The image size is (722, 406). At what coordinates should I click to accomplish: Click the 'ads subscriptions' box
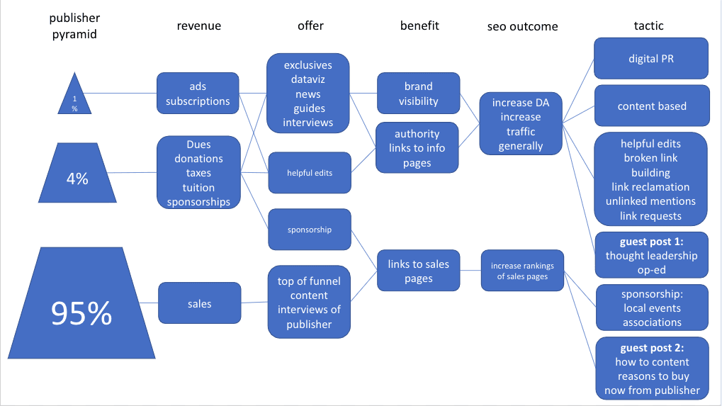(x=198, y=94)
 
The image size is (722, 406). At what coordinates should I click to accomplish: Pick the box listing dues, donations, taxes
(x=198, y=173)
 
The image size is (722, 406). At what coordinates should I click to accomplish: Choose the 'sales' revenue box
(x=199, y=303)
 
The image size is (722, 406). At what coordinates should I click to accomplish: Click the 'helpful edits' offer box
(x=309, y=172)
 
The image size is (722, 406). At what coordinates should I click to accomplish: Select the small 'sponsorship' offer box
(x=309, y=229)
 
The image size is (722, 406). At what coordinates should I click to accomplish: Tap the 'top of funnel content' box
(x=309, y=303)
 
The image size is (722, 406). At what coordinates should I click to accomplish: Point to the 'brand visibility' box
(x=418, y=94)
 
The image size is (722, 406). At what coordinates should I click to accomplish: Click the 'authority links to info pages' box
(x=417, y=147)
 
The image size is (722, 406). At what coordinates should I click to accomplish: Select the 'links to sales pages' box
(x=418, y=271)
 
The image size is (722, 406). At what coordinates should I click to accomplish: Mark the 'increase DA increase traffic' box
(x=520, y=124)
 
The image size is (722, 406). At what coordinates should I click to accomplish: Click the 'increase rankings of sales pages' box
(x=522, y=271)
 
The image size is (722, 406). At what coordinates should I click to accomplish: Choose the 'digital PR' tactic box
(x=651, y=58)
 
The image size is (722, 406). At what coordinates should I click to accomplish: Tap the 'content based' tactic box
(x=652, y=106)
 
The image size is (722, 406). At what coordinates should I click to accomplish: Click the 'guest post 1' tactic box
(x=652, y=255)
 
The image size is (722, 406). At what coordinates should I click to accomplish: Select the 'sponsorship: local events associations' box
(x=652, y=308)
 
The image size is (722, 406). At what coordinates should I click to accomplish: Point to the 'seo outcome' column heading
(x=522, y=27)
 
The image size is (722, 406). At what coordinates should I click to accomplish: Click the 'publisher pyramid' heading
(x=74, y=26)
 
